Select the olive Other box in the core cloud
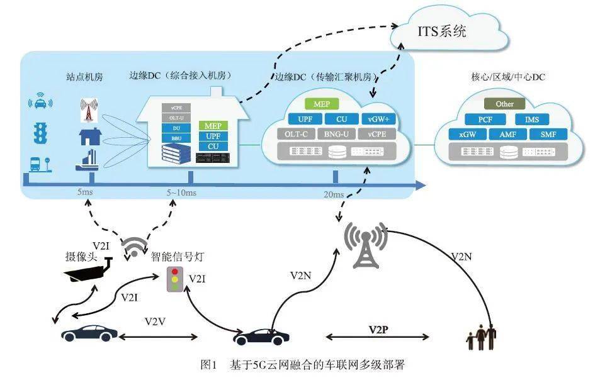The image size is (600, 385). (504, 104)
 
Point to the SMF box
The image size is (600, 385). (548, 135)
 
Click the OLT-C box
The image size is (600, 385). (296, 134)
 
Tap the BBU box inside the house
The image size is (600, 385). (176, 137)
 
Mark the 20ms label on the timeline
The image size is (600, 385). (334, 194)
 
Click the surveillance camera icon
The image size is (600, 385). (89, 269)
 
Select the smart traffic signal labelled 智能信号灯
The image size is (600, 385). (174, 279)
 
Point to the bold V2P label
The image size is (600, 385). (380, 329)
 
